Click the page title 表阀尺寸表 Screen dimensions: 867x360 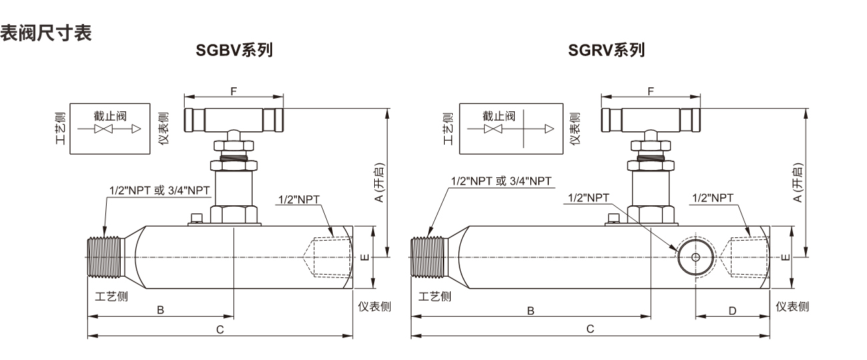pos(45,33)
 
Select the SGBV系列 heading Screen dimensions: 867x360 pos(234,50)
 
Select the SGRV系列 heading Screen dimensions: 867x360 pos(606,50)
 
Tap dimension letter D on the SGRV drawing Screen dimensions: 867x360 pos(732,311)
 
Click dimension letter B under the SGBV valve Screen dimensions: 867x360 pos(160,310)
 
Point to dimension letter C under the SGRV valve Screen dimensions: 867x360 pos(590,329)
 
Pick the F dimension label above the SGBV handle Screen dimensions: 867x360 pos(233,91)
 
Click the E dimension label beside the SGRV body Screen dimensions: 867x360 pos(785,257)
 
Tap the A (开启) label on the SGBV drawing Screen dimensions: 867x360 pos(379,183)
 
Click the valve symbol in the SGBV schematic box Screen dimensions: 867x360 pos(103,129)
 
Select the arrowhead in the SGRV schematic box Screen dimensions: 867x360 pos(550,129)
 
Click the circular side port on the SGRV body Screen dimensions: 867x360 pos(696,257)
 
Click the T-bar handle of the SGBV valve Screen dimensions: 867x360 pos(234,120)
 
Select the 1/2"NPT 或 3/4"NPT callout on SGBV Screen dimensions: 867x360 pos(159,191)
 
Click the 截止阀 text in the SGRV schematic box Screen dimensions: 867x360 pos(499,116)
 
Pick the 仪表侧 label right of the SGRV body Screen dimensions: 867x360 pos(792,307)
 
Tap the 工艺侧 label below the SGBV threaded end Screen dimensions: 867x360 pos(111,297)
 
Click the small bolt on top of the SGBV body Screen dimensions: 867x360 pos(197,219)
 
